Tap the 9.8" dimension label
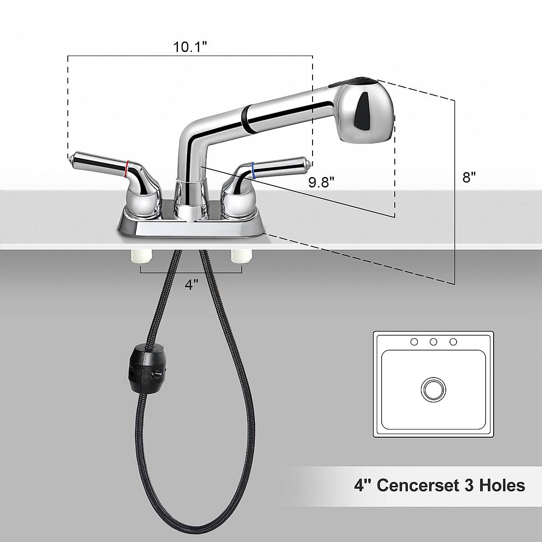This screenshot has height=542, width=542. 321,182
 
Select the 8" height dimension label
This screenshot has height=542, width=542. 469,177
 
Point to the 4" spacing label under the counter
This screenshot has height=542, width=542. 192,285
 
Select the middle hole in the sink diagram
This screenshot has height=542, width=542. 433,342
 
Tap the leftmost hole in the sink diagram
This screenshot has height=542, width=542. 414,342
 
